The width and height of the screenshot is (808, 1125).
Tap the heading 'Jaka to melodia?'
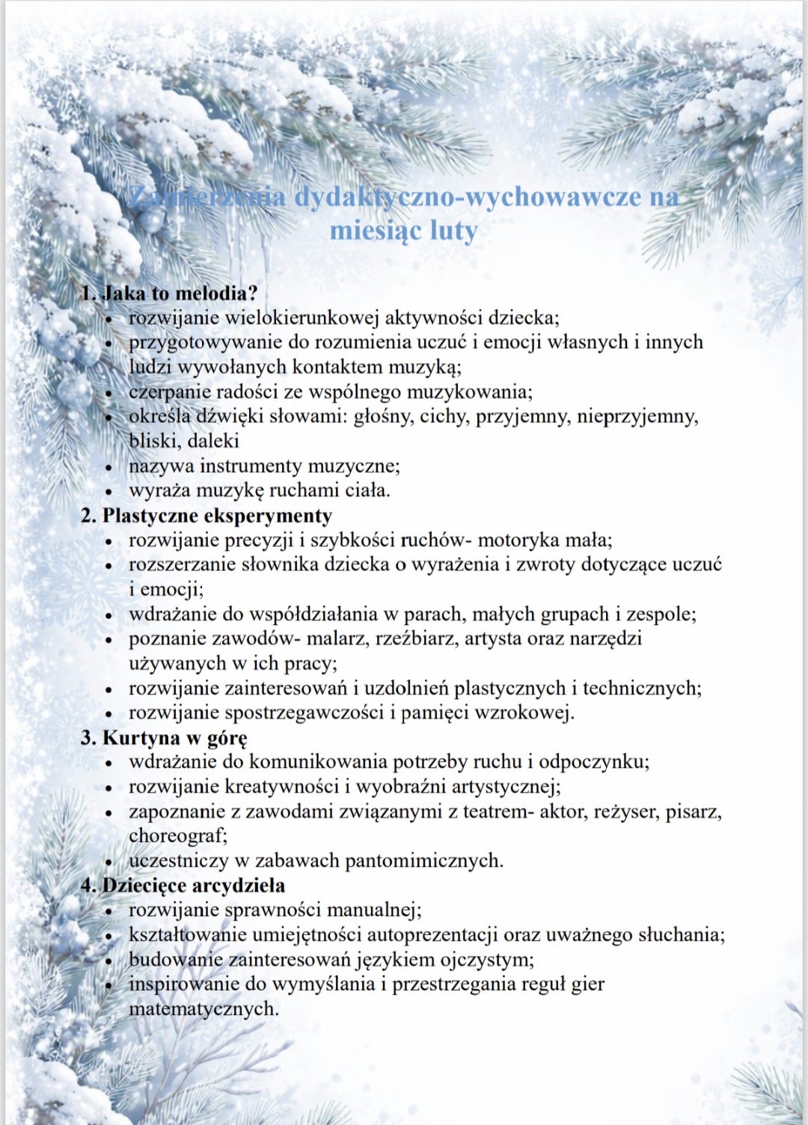click(180, 293)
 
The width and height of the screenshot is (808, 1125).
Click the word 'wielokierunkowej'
click(302, 317)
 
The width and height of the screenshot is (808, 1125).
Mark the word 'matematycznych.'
click(203, 1009)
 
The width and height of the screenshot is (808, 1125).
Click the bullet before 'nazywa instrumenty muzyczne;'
click(109, 468)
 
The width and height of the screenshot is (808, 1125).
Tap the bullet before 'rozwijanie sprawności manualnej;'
click(109, 912)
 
